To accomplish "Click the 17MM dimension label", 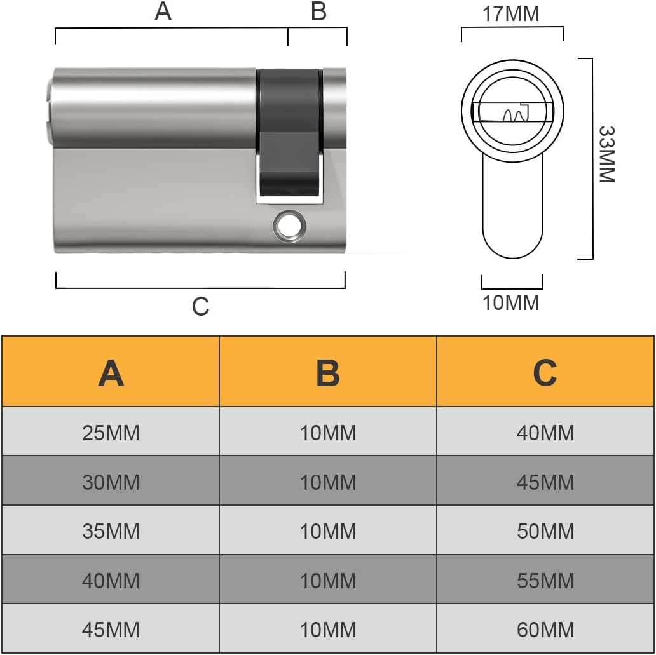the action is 511,14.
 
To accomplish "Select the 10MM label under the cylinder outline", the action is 511,303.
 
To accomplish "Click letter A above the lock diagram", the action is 163,11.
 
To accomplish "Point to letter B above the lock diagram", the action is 318,11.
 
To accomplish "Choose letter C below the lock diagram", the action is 200,307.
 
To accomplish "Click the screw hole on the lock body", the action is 289,226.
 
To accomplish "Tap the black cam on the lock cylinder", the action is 289,135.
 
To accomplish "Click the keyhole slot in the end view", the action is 512,112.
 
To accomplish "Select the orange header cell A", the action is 111,371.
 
